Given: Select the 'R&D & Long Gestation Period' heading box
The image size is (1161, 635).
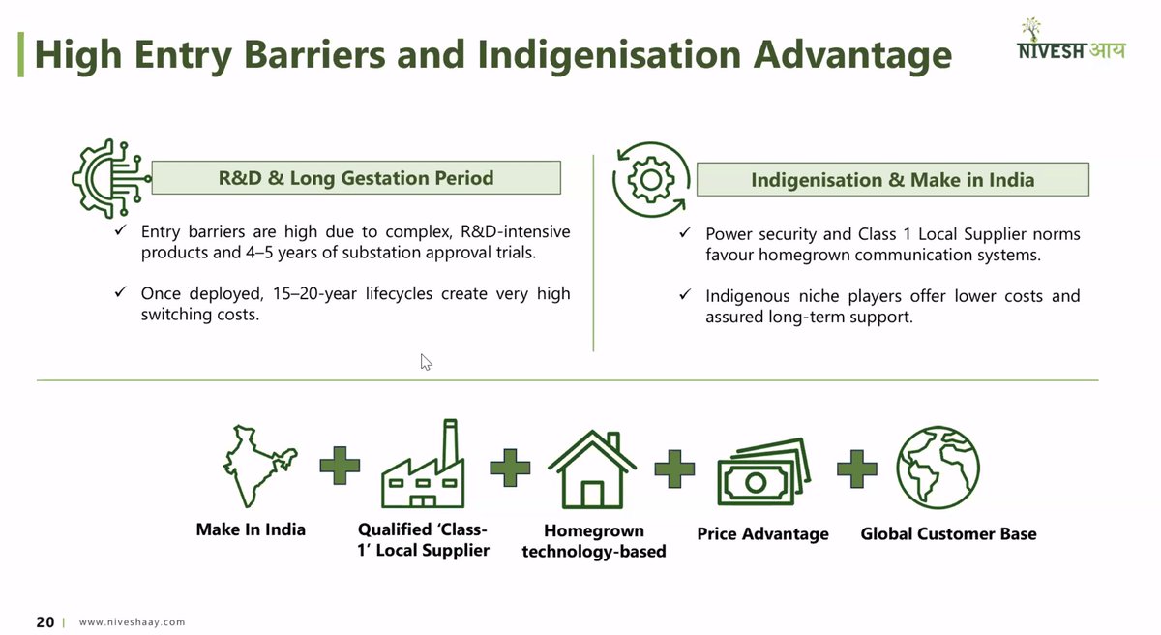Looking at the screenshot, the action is (x=356, y=178).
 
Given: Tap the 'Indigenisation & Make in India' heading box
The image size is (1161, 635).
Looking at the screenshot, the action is (x=892, y=180).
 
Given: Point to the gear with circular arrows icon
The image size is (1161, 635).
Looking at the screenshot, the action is (x=651, y=179).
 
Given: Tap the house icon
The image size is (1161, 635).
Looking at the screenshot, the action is (x=592, y=469).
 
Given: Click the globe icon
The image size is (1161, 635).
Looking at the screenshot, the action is (x=938, y=468).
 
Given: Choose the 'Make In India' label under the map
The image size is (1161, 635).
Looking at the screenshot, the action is (x=251, y=529).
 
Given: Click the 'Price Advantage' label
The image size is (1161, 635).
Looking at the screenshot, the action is (x=762, y=534).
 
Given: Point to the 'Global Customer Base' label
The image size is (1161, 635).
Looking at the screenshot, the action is (x=948, y=534).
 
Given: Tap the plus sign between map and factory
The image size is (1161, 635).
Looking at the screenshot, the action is (x=340, y=467).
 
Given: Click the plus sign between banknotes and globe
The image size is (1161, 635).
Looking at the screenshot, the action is (x=856, y=469).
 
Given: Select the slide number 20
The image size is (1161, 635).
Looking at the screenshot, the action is (x=45, y=622).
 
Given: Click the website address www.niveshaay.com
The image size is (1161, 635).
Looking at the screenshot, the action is (x=132, y=622).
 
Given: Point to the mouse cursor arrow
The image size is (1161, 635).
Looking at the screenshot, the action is (x=426, y=362).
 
